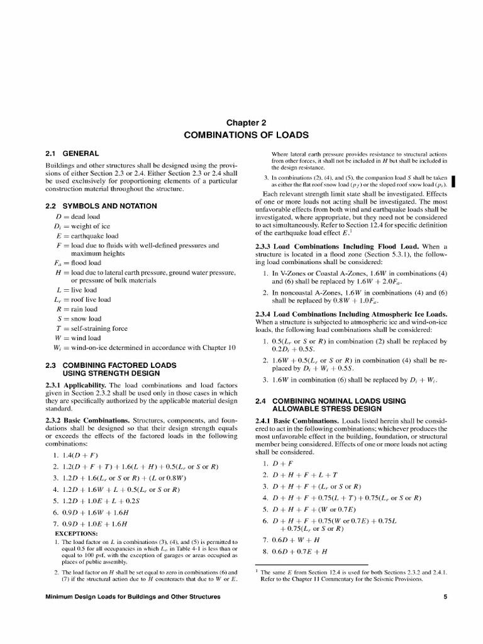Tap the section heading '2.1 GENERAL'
pyautogui.click(x=72, y=153)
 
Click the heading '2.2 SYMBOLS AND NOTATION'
pyautogui.click(x=101, y=206)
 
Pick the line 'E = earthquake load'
pyautogui.click(x=87, y=236)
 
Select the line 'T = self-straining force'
pyautogui.click(x=91, y=328)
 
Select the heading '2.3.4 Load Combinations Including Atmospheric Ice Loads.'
pyautogui.click(x=351, y=314)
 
